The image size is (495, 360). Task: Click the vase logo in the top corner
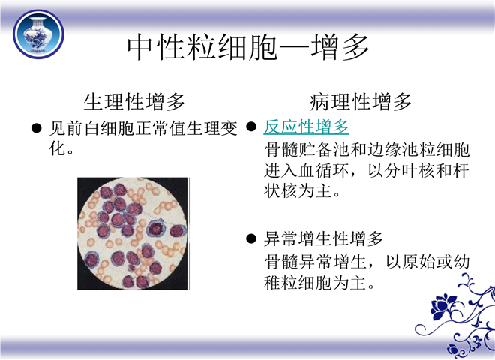click(x=38, y=34)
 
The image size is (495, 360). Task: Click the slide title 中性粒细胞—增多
click(x=248, y=48)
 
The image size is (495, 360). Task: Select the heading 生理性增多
click(x=133, y=101)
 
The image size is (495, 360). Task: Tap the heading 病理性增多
click(x=360, y=101)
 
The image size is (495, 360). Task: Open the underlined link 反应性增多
click(x=306, y=127)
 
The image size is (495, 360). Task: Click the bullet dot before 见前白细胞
click(x=37, y=128)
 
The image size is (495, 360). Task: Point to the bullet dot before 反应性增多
click(x=251, y=127)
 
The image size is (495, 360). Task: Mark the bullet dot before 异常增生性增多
click(x=251, y=238)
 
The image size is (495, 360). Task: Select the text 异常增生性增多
click(x=323, y=238)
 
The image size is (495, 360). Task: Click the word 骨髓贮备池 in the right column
click(x=307, y=150)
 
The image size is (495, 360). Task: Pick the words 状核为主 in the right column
click(x=298, y=191)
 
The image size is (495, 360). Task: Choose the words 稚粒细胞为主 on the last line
click(x=315, y=282)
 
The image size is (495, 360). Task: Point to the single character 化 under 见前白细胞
click(x=58, y=148)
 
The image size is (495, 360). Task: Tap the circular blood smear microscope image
click(x=133, y=234)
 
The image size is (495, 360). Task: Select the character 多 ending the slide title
click(x=355, y=48)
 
